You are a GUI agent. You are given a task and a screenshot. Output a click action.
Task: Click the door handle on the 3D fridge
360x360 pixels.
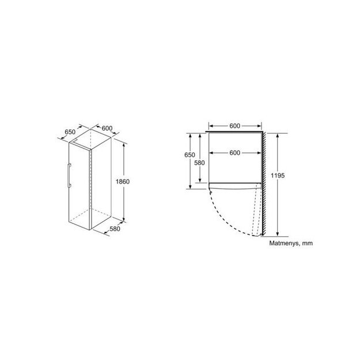click(x=69, y=175)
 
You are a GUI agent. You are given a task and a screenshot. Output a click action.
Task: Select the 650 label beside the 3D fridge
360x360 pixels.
click(x=70, y=132)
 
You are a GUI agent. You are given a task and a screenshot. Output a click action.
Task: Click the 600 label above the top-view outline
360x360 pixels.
click(x=234, y=126)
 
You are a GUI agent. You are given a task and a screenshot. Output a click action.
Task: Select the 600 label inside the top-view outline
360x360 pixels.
click(x=234, y=153)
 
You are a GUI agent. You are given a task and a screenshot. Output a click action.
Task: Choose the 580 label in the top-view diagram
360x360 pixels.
click(x=199, y=162)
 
